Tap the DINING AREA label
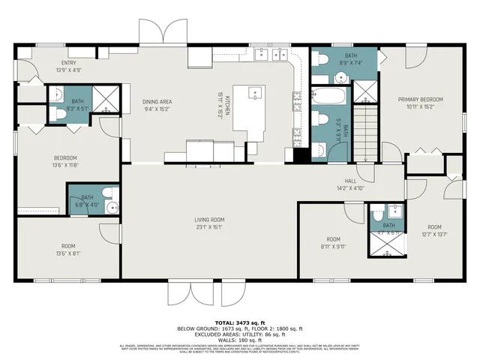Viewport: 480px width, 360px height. tap(157, 100)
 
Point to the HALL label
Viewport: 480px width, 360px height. tap(350, 181)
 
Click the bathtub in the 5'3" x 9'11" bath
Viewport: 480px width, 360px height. tap(328, 97)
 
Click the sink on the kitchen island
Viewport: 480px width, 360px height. tap(255, 94)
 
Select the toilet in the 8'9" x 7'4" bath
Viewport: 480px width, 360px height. tap(321, 59)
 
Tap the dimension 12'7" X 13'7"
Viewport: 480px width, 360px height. tap(435, 233)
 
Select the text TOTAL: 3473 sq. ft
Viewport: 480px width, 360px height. tap(239, 322)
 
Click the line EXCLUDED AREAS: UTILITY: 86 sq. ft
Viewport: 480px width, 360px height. tap(239, 334)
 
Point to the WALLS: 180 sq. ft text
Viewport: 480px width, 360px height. tap(239, 340)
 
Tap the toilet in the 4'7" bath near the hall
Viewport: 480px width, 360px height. tap(378, 214)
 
